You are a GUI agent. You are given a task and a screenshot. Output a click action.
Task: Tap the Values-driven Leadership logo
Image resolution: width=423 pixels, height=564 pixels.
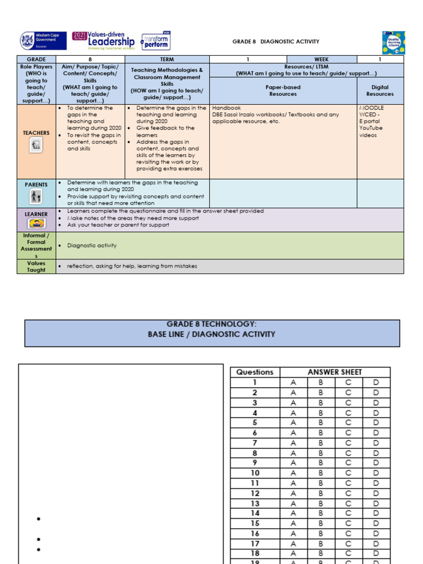[104, 41]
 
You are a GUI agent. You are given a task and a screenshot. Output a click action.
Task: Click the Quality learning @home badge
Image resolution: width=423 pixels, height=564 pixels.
[393, 42]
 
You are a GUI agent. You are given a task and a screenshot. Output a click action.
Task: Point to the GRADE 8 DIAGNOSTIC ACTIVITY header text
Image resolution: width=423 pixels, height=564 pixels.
[275, 42]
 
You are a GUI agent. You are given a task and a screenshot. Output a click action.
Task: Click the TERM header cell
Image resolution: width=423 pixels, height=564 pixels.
[167, 59]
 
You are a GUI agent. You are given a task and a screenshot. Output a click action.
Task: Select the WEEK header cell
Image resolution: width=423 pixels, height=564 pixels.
[321, 59]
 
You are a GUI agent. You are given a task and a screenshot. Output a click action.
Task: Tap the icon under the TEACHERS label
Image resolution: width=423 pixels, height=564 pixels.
[36, 145]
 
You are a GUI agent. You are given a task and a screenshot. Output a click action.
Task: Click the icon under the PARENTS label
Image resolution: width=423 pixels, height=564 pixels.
[36, 197]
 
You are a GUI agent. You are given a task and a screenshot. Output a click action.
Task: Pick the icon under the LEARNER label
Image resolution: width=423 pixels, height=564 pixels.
[36, 223]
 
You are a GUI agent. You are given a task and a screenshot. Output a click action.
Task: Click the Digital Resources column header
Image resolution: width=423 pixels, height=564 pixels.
[380, 90]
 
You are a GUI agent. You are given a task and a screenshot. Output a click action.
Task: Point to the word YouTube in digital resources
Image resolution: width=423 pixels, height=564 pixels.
[371, 128]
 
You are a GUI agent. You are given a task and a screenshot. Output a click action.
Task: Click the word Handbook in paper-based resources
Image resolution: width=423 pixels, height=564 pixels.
[226, 109]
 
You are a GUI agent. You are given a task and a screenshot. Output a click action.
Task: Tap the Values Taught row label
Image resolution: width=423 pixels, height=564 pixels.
[36, 266]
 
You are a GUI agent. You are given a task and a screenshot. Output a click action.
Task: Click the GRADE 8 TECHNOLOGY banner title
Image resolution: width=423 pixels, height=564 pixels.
[211, 329]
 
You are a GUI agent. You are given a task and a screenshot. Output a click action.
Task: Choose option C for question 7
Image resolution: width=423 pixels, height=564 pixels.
[348, 443]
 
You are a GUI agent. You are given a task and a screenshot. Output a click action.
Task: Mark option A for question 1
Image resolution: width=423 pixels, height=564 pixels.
[293, 382]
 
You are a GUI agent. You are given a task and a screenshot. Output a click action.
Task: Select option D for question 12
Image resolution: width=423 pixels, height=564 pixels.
[376, 493]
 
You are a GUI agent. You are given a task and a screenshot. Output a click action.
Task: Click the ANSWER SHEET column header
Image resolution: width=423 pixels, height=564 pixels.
[334, 372]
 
